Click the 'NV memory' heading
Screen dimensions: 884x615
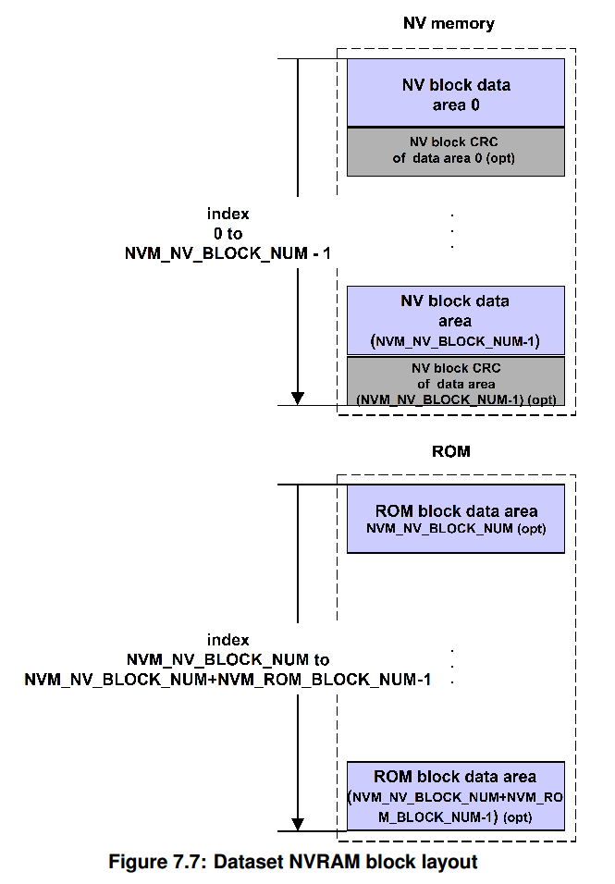point(450,22)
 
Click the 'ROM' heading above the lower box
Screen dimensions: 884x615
point(450,451)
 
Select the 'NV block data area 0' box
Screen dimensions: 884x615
point(455,93)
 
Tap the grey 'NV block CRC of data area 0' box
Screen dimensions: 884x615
point(455,152)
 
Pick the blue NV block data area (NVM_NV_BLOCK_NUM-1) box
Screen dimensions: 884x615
point(455,321)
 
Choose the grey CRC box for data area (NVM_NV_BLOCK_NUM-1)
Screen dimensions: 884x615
point(455,382)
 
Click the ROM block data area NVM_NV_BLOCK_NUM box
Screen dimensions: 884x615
point(455,519)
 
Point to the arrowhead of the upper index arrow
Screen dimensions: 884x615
point(298,397)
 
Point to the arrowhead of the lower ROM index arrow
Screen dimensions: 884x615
point(298,823)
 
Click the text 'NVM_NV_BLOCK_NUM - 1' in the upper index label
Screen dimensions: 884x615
point(228,252)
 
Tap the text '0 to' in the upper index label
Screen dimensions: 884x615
point(228,233)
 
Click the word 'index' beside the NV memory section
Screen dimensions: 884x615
point(228,214)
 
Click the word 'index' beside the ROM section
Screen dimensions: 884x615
point(228,640)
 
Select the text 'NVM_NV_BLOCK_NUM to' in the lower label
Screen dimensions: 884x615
point(228,660)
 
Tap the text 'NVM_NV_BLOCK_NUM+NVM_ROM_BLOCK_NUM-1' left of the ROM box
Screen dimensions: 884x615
point(228,681)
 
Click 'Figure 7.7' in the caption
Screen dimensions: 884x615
point(156,862)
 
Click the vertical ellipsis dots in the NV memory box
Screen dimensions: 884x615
point(451,231)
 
